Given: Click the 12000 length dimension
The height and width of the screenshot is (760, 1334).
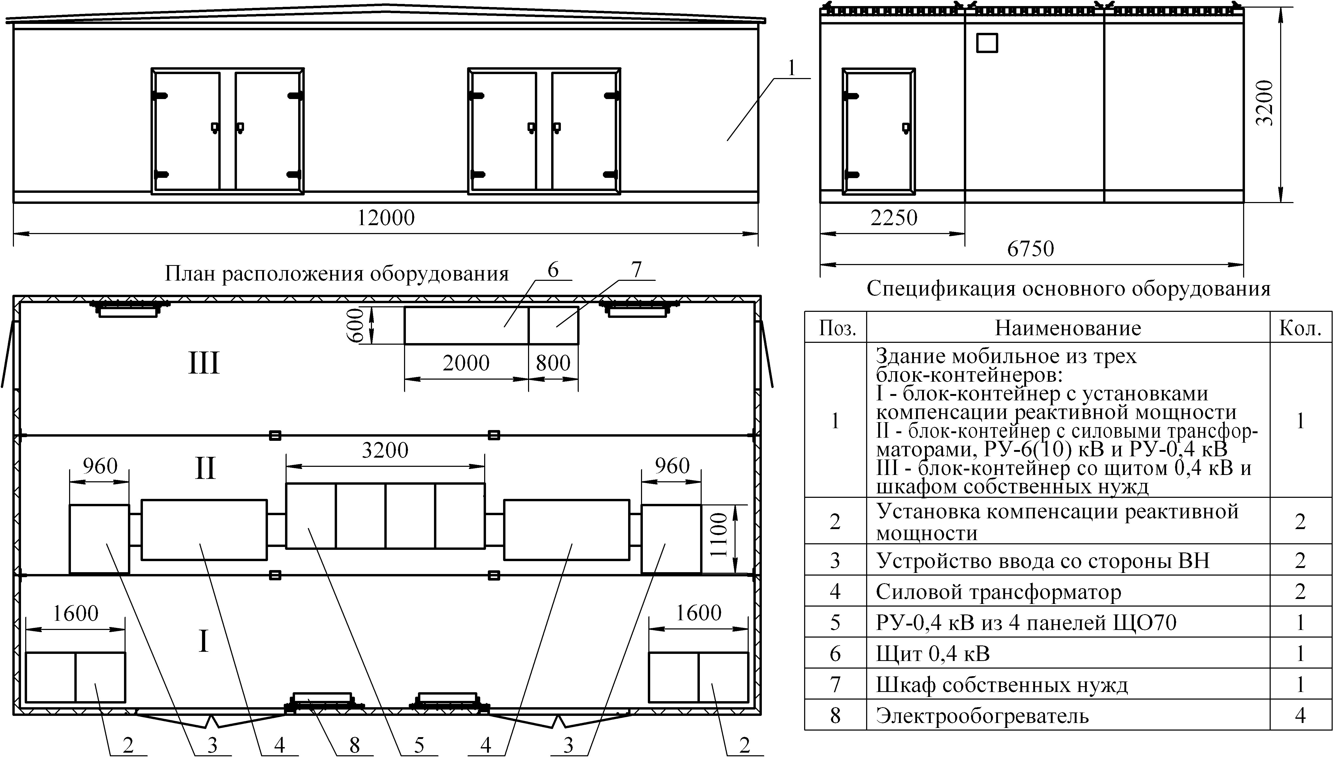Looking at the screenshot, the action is [386, 218].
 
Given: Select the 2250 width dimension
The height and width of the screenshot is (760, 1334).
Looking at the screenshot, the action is [893, 218].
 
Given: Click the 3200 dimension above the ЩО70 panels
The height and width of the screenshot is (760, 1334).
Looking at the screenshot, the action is [385, 450].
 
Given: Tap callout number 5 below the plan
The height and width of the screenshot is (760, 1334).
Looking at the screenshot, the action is [419, 745].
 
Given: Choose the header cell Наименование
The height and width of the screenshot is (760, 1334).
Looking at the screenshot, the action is [1068, 328].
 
